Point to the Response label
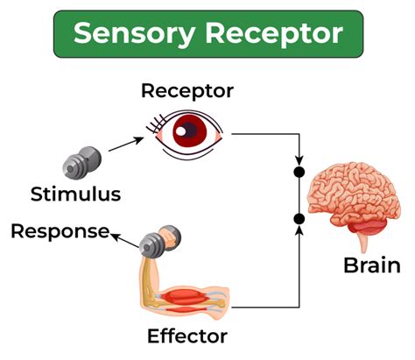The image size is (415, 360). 60,231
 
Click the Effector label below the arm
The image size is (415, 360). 187,335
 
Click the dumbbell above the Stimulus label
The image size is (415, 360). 83,162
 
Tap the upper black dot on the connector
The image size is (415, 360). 299,173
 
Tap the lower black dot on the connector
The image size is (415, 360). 299,217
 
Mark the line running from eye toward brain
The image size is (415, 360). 263,135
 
